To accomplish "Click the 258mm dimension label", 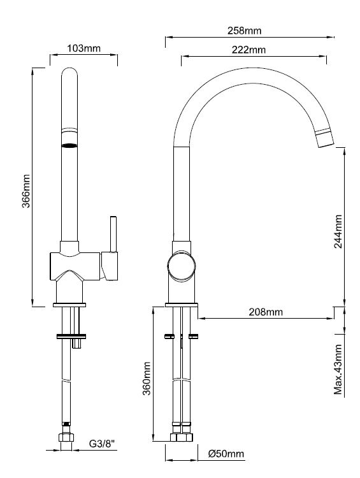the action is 244,31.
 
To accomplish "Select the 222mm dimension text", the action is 248,50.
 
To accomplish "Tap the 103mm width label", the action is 83,48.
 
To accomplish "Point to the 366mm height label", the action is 26,191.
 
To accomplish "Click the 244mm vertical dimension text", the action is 338,232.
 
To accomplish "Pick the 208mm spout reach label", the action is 266,312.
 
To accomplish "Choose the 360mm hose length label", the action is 147,379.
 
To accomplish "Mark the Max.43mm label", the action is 338,370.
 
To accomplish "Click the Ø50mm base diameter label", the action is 226,454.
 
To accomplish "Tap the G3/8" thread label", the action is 103,444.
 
